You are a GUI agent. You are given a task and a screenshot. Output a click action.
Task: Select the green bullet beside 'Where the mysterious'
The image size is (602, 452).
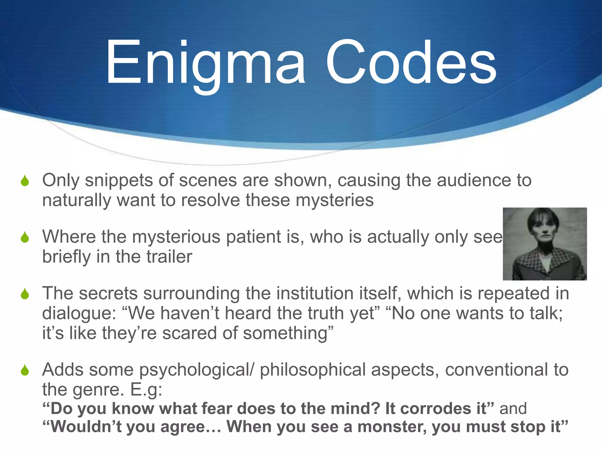click(25, 237)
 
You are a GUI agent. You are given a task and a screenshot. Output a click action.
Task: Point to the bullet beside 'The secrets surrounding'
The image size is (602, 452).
click(25, 293)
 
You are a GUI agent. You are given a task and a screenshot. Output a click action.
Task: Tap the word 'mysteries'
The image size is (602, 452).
click(335, 200)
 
